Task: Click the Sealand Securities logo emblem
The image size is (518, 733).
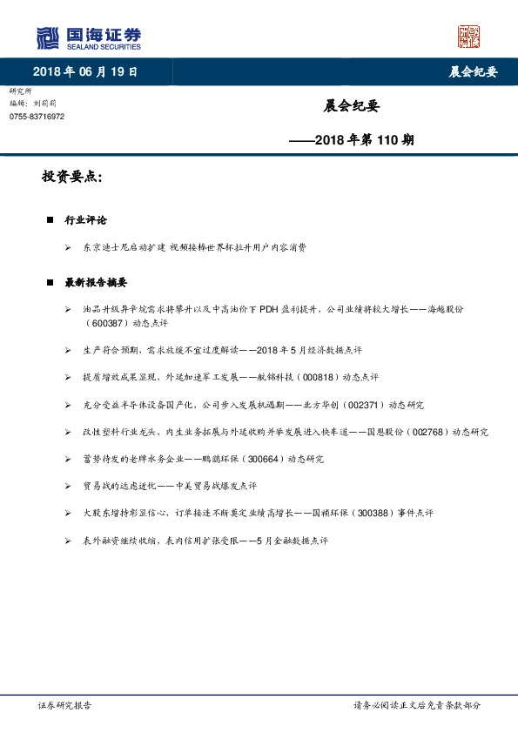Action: (x=47, y=38)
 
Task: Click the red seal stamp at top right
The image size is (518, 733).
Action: (x=468, y=37)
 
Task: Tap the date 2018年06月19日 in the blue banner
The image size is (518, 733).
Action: (x=84, y=71)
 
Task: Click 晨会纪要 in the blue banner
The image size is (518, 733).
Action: (x=473, y=71)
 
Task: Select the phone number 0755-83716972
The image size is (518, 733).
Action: (x=37, y=117)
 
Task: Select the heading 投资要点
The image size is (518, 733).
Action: (x=71, y=177)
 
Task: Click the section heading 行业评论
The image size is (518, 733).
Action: (x=85, y=220)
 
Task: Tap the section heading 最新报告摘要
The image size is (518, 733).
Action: (x=96, y=283)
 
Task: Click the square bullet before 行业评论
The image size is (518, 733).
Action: (x=50, y=220)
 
